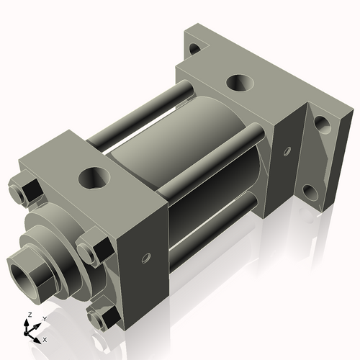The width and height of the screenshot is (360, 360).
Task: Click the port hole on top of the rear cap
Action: coord(240,83)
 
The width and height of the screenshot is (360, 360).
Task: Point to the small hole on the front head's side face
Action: coord(146,257)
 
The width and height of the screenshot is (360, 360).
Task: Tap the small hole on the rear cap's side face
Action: coord(287,152)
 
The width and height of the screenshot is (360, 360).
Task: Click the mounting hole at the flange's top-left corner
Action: coord(193,50)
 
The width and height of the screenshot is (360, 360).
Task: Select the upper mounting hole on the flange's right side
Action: coord(322,125)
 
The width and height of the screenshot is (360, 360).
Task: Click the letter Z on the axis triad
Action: coord(27,315)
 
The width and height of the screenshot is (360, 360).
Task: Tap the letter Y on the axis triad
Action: coord(44,318)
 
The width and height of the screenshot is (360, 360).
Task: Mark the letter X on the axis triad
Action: coord(45,338)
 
